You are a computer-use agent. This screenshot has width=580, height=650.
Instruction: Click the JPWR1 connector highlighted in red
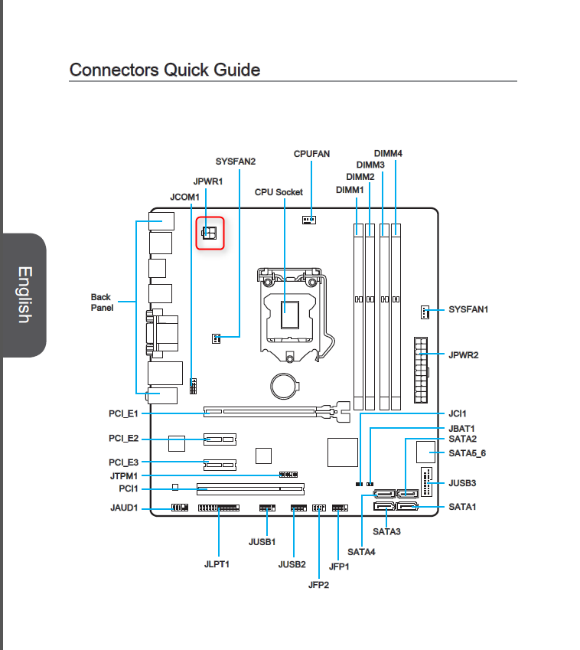click(209, 233)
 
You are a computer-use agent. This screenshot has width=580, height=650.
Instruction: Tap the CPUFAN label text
click(311, 154)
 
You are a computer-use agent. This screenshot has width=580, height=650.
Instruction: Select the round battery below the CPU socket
click(284, 386)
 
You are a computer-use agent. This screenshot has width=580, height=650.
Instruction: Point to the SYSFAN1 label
click(468, 309)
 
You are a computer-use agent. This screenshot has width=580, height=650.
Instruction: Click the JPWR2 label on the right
click(463, 354)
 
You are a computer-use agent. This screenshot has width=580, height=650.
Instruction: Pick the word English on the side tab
click(24, 295)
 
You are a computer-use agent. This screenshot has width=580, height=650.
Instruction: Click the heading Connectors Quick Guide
click(165, 70)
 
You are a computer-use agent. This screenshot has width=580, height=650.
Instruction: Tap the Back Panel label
click(102, 302)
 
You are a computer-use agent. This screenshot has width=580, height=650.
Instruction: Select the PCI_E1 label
click(123, 413)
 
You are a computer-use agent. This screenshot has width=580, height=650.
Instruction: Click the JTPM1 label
click(124, 476)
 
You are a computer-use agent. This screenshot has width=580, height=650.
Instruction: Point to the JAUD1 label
click(124, 508)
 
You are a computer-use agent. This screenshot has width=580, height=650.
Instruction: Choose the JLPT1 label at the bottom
click(217, 564)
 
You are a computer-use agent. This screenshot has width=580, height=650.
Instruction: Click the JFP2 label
click(318, 585)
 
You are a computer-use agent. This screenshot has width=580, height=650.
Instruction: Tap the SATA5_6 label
click(468, 453)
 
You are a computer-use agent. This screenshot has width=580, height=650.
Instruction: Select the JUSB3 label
click(462, 483)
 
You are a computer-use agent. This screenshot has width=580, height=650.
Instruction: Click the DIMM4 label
click(388, 153)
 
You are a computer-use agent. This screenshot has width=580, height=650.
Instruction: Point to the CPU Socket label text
click(279, 192)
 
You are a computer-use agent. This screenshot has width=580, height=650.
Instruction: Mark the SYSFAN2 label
click(236, 162)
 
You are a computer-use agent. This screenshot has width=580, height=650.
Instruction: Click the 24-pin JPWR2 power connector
click(421, 370)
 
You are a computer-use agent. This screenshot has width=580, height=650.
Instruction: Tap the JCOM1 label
click(184, 197)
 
